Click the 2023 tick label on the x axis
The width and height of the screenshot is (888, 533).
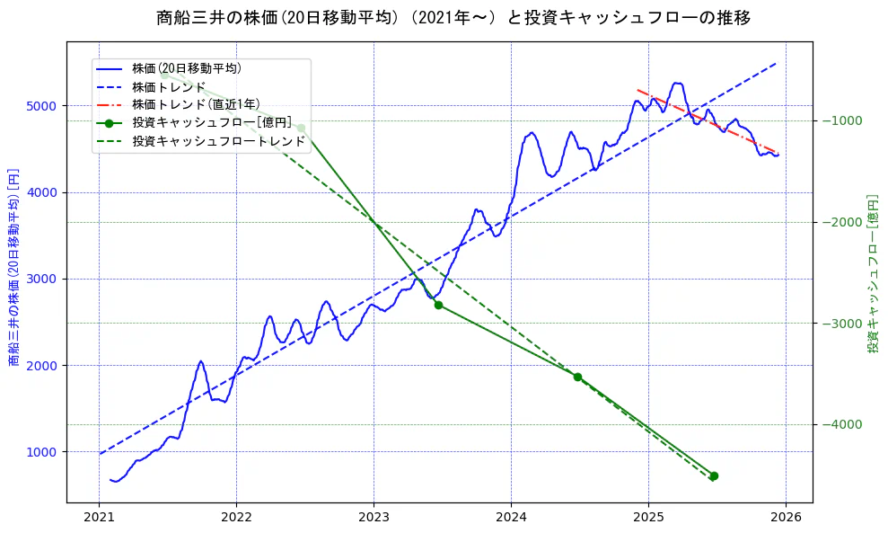pos(374,519)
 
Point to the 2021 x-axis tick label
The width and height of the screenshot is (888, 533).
pos(100,519)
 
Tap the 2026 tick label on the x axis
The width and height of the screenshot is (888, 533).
pos(786,519)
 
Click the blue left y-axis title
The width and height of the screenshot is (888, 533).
pos(13,267)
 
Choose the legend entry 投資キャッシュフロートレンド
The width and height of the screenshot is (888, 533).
pos(218,141)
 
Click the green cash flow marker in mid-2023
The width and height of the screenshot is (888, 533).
pos(438,305)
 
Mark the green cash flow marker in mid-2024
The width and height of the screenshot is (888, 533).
pos(577,377)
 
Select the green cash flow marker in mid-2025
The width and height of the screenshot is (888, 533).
pos(714,475)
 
